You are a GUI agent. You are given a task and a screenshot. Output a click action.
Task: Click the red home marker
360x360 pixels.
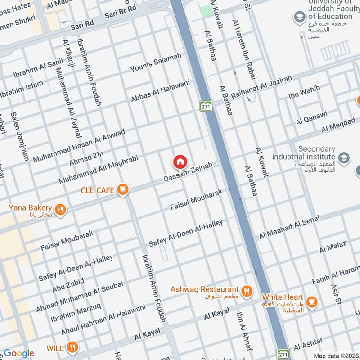(180, 162)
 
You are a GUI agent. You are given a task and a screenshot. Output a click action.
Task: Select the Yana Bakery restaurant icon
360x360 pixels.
(60, 209)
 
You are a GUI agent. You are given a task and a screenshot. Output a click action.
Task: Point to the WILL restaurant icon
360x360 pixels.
(72, 347)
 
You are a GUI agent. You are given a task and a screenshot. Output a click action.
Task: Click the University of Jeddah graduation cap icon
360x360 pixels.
(299, 18)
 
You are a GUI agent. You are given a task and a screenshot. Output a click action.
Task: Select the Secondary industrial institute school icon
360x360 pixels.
(344, 157)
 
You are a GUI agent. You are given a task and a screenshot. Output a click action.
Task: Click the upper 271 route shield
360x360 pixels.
(206, 106)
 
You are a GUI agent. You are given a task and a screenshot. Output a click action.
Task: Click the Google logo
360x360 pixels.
(19, 353)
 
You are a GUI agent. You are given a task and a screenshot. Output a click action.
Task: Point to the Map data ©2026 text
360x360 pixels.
(336, 355)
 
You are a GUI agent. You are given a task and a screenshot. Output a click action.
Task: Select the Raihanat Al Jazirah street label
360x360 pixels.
(261, 88)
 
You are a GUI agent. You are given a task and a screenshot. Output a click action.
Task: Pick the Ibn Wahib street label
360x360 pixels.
(305, 93)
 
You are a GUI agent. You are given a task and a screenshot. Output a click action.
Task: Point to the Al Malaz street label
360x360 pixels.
(333, 247)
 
